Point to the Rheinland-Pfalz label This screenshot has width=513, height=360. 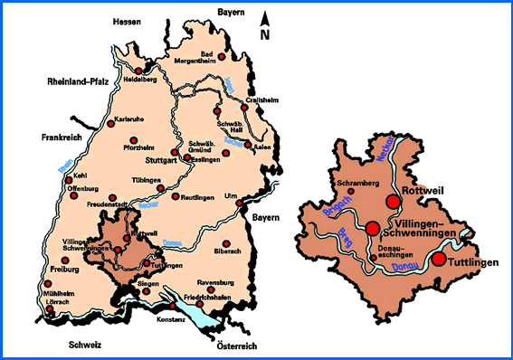[78, 81]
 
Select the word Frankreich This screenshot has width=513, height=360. [62, 138]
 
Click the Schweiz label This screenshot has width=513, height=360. [84, 345]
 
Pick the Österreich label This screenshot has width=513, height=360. [237, 346]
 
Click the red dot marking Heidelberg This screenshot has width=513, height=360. [138, 69]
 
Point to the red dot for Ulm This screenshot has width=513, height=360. [239, 204]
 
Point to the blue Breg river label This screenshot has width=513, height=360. [347, 239]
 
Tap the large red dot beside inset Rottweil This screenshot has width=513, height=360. [391, 201]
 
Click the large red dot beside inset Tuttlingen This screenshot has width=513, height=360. [438, 260]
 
